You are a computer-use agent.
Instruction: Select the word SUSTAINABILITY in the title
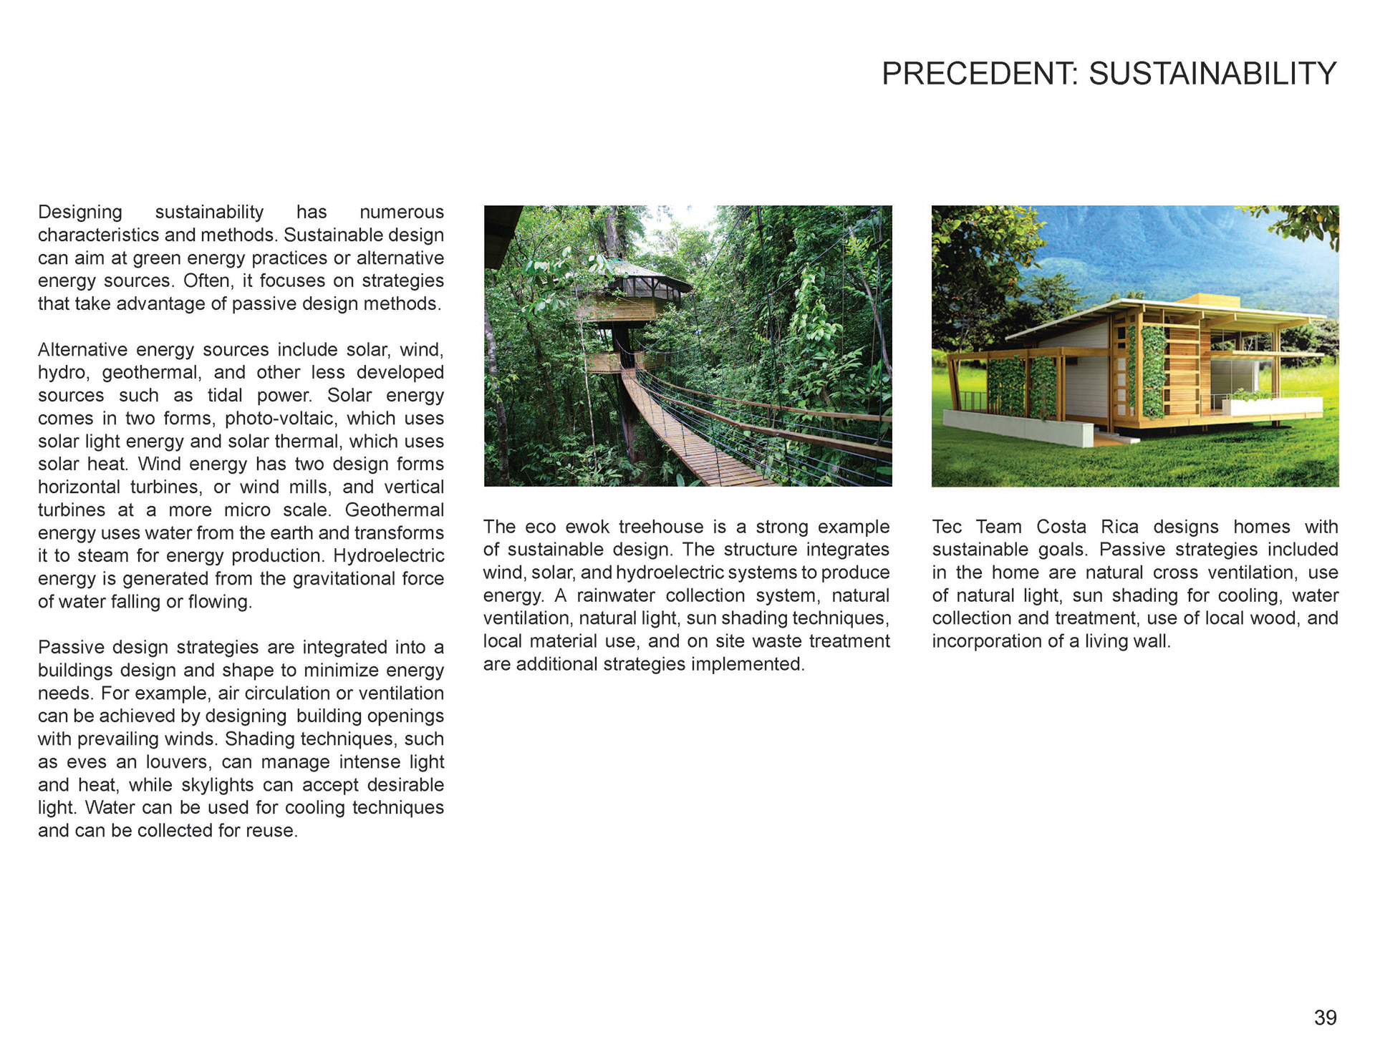click(x=1212, y=74)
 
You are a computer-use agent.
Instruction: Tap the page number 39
click(x=1325, y=1018)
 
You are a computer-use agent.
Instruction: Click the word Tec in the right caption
click(x=947, y=527)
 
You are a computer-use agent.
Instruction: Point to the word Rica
click(x=1119, y=527)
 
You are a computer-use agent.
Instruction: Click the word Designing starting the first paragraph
click(x=80, y=213)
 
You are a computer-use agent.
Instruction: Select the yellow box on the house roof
click(x=1205, y=300)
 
